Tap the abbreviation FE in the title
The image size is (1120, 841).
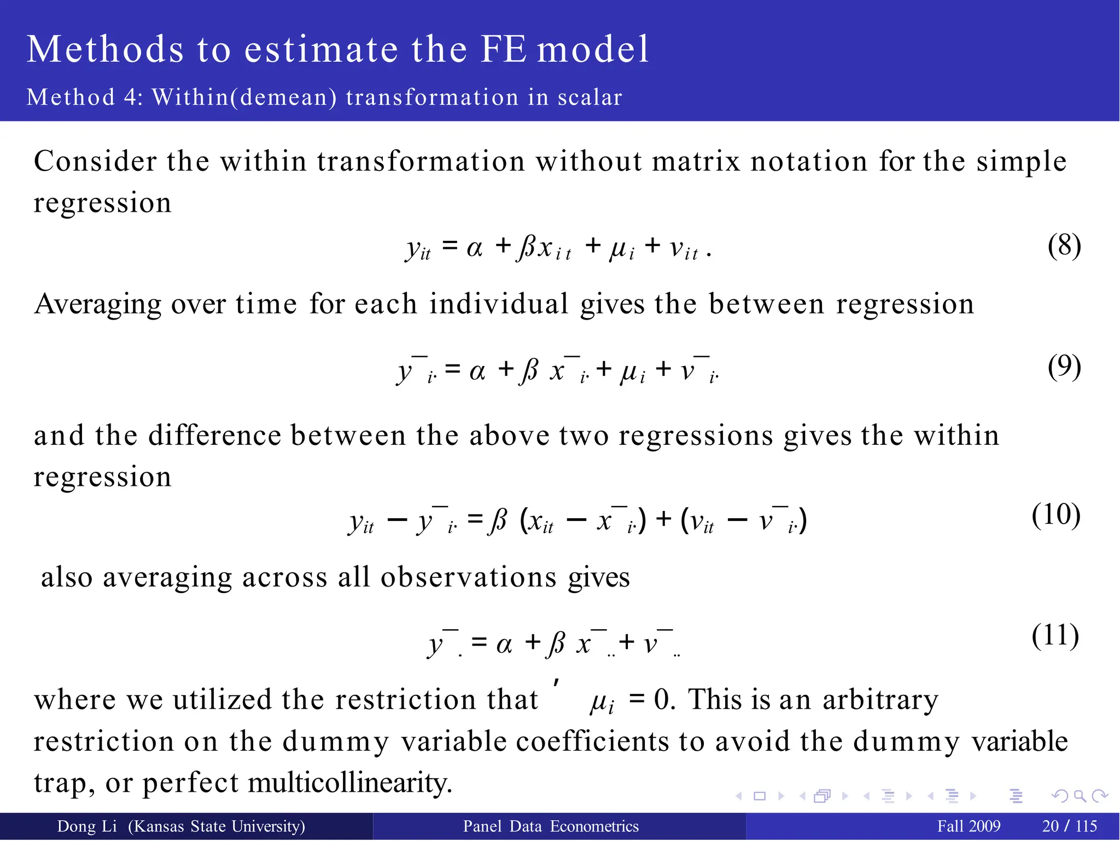coord(504,49)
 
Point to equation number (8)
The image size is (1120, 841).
coord(1064,246)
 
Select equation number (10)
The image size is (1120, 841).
coord(1055,515)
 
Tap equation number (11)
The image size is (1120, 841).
coord(1055,636)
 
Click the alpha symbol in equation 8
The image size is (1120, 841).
coord(475,248)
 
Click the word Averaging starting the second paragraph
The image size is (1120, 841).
coord(98,304)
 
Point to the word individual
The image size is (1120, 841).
coord(499,304)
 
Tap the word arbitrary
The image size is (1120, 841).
coord(880,700)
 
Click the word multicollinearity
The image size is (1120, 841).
coord(350,782)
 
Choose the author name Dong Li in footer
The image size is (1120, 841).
coord(87,826)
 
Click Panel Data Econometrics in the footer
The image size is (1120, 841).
coord(551,826)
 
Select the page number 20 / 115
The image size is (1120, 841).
coord(1070,826)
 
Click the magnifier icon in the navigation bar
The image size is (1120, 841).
coord(1080,796)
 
